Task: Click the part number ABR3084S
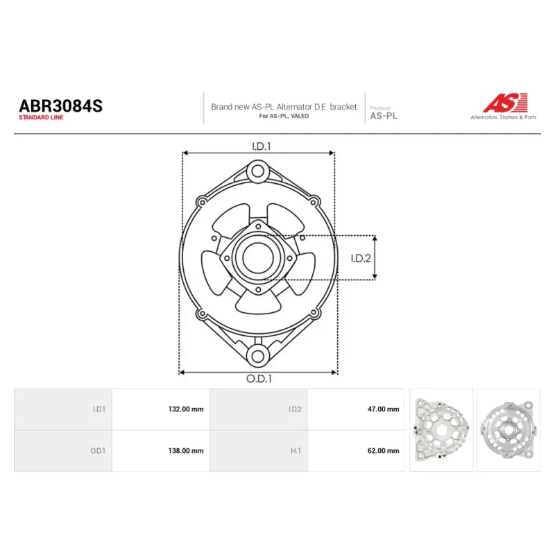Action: [60, 106]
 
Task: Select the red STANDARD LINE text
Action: [41, 117]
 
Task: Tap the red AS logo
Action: [505, 103]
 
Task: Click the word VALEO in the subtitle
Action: [300, 116]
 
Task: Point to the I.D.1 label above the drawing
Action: [262, 146]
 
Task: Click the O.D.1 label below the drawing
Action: [259, 379]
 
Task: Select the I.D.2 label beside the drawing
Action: [361, 258]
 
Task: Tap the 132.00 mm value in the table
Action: [186, 409]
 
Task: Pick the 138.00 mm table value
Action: [186, 450]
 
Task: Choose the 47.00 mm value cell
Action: [384, 409]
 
